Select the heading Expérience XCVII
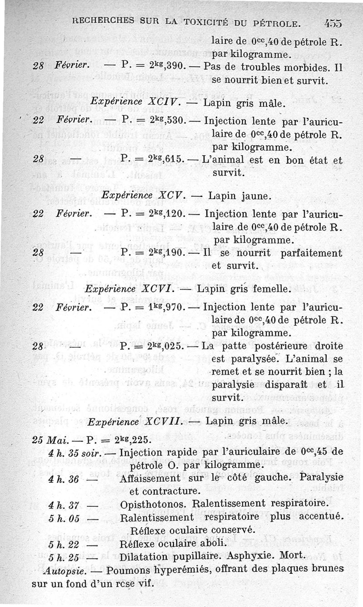coord(134,421)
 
